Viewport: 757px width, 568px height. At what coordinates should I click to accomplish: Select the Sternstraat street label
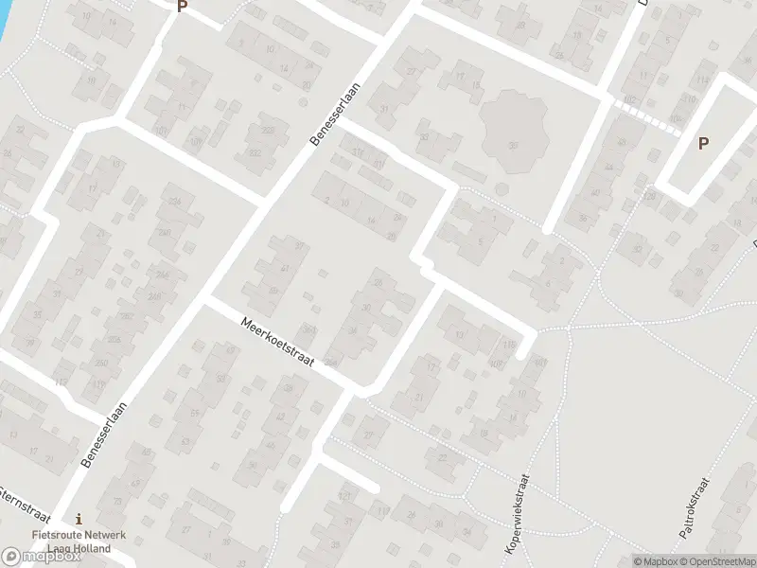[x=20, y=503]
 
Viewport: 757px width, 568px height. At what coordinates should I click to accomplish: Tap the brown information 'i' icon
[x=79, y=519]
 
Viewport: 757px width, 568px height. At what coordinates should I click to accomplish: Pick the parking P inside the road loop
[x=703, y=144]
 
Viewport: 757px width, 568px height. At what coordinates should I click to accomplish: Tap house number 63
[x=185, y=441]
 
